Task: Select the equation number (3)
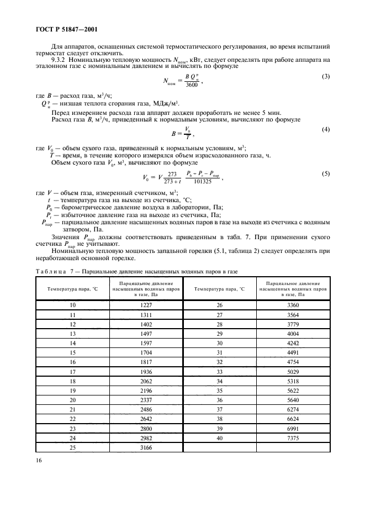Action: [x=326, y=76]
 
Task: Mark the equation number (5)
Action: [x=326, y=174]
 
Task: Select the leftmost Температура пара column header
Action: [x=72, y=288]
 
